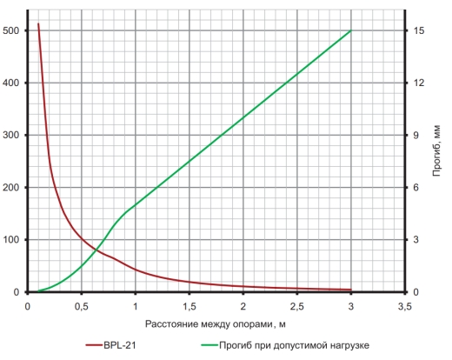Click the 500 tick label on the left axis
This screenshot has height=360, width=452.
pos(10,30)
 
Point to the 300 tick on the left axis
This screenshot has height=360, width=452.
pos(10,135)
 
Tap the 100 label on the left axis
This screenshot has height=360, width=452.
pos(10,240)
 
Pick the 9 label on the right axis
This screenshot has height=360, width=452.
pos(415,135)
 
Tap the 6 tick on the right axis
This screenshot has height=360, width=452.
pos(415,188)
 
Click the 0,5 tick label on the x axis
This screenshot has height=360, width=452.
pos(82,306)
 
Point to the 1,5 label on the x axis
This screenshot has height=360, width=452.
pos(189,306)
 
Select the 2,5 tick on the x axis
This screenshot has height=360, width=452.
pos(297,306)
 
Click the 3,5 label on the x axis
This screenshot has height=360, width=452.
pos(405,306)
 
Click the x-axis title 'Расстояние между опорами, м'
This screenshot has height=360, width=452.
pos(216,324)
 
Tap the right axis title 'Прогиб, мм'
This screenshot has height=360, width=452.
pos(436,150)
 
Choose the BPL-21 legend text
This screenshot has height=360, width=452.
pos(120,345)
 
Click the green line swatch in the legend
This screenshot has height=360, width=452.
pos(209,345)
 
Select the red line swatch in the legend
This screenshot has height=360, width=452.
pos(94,345)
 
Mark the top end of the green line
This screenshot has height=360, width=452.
pos(351,30)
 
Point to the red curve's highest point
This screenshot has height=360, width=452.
pos(38,23)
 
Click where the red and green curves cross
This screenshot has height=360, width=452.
pos(96,249)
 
